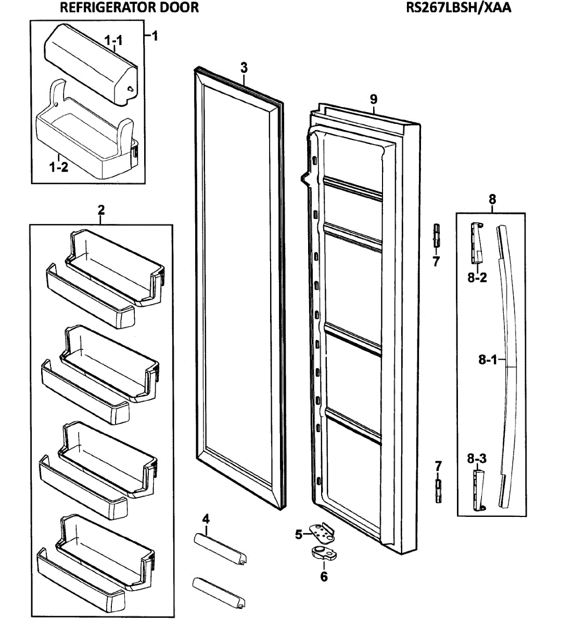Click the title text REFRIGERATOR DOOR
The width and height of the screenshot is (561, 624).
point(129,7)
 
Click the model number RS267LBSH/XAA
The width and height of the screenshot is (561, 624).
point(458,7)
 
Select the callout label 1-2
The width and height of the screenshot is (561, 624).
point(58,167)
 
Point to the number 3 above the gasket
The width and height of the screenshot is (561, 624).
point(244,68)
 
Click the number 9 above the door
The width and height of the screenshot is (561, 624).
point(374,99)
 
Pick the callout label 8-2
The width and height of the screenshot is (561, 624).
point(477,278)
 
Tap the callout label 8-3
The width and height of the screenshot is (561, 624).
point(477,459)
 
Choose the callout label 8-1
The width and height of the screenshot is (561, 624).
point(488,359)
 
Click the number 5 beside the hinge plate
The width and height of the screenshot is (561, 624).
point(299,534)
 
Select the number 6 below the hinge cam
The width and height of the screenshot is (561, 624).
point(324,577)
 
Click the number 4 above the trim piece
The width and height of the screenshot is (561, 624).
point(206,518)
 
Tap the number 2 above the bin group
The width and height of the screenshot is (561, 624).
point(101,210)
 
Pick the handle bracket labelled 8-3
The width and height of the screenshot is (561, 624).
point(479,490)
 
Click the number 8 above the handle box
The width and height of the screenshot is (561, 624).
point(492,199)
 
